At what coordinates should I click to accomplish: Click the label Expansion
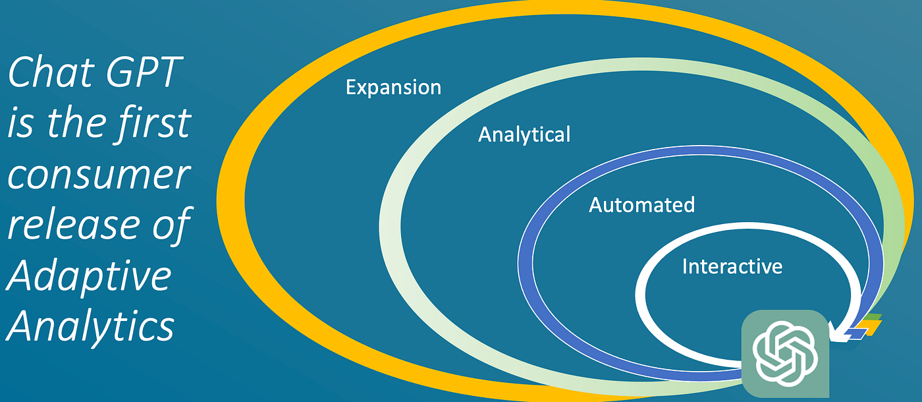tap(393, 88)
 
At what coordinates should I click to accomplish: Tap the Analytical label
tap(524, 134)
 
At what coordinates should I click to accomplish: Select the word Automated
tap(641, 205)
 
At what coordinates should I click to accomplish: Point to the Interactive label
tap(732, 266)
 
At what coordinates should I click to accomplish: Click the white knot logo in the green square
tap(785, 353)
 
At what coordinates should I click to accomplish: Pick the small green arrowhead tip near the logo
tap(872, 317)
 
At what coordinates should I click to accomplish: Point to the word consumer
tap(99, 175)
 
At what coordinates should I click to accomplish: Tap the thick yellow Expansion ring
tap(230, 198)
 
